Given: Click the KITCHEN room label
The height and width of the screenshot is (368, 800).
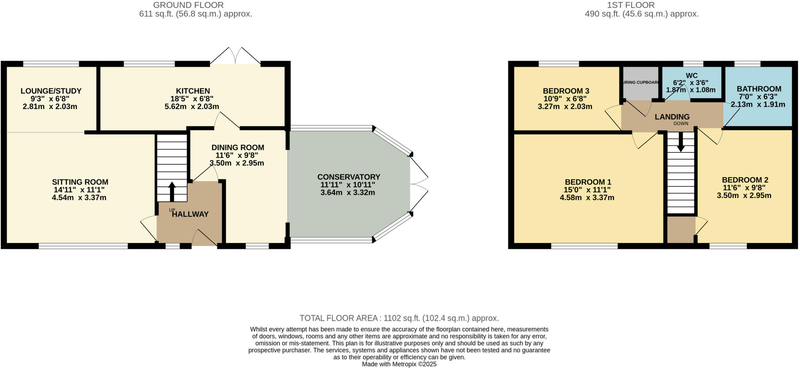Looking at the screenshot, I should pyautogui.click(x=193, y=91).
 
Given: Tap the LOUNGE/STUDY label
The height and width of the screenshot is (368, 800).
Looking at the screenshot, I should pyautogui.click(x=51, y=91).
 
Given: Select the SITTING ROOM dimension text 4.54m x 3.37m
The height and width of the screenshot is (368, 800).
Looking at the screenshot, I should pyautogui.click(x=79, y=197).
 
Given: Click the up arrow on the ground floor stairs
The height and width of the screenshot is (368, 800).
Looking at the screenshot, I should pyautogui.click(x=172, y=190).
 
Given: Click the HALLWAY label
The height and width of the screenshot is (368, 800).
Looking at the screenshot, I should pyautogui.click(x=190, y=214).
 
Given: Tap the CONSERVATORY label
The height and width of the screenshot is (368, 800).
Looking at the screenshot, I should pyautogui.click(x=348, y=177).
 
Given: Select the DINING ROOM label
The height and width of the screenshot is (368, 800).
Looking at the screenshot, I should pyautogui.click(x=237, y=148).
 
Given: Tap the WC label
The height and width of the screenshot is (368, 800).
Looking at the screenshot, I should pyautogui.click(x=691, y=76).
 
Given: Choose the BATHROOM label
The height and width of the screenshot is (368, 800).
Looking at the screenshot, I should pyautogui.click(x=759, y=89).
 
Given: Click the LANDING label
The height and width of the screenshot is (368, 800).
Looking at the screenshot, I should pyautogui.click(x=672, y=117).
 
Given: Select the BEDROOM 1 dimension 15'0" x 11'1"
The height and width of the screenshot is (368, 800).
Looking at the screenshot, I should pyautogui.click(x=587, y=190).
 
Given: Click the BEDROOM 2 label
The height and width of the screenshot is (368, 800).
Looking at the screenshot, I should pyautogui.click(x=745, y=180).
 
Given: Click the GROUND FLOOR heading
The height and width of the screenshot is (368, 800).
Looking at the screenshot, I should pyautogui.click(x=188, y=5).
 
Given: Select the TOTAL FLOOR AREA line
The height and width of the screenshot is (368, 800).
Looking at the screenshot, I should pyautogui.click(x=399, y=318).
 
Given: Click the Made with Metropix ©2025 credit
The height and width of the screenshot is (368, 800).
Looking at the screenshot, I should pyautogui.click(x=399, y=364).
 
